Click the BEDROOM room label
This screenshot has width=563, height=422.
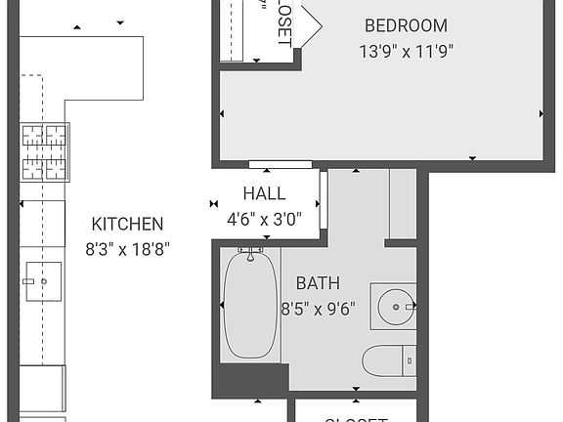406,26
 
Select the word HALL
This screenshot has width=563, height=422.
264,193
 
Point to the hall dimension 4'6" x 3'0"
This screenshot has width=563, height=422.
264,219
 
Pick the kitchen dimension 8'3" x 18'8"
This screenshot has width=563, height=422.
127,248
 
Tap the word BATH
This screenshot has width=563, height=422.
318,284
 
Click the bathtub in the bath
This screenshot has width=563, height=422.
252,307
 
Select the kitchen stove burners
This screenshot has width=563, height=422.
45,153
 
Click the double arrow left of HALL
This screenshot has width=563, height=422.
214,204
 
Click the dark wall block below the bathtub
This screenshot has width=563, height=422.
250,379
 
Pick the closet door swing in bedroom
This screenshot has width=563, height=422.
311,24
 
